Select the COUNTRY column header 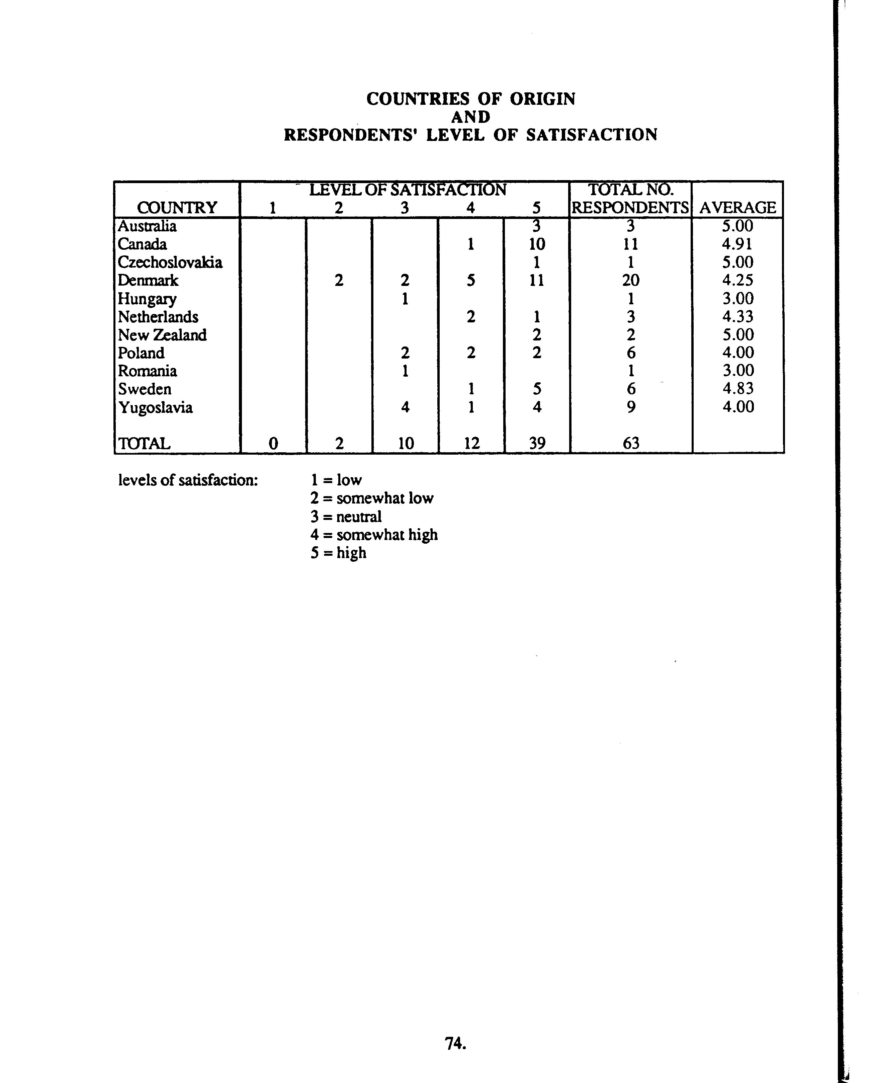tap(177, 208)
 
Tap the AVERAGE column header tap(737, 208)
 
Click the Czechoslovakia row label tap(170, 262)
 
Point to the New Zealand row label tap(162, 335)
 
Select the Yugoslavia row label tap(156, 407)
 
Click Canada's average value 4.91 tap(737, 244)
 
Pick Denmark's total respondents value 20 tap(630, 281)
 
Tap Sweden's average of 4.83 tap(737, 389)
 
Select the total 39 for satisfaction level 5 tap(537, 443)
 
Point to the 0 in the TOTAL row tap(273, 443)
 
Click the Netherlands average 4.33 tap(737, 317)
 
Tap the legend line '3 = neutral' tap(346, 517)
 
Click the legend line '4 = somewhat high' tap(374, 535)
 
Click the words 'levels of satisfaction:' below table tap(188, 480)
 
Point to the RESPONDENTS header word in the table tap(630, 208)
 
